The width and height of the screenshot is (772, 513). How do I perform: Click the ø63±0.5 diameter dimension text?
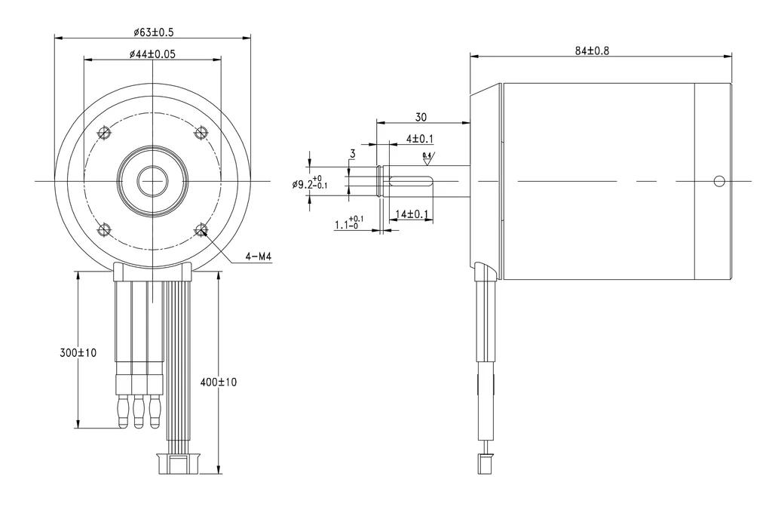coord(153,32)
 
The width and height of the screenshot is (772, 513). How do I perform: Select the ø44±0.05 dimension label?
coord(153,54)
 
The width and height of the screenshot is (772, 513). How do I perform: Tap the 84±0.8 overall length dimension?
coord(592,51)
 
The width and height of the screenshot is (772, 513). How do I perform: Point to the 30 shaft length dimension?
coord(421,117)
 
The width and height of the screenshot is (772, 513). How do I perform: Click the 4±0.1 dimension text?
coord(420,139)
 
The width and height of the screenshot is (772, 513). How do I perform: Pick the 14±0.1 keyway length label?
coord(413,214)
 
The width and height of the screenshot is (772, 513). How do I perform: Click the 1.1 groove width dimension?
coord(349,224)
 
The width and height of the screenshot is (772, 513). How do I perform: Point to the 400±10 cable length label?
coord(219,382)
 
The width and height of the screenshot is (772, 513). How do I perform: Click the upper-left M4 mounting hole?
coord(105,134)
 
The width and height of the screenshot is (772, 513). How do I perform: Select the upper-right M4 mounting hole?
coord(201,134)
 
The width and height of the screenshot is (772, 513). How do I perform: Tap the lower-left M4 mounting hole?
coord(105,229)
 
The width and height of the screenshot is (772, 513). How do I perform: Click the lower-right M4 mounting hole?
coord(201,229)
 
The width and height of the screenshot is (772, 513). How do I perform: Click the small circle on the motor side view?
coord(719,181)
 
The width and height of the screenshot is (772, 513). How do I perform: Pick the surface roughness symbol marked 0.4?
coord(427,158)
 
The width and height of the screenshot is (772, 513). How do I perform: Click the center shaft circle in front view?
coord(152,181)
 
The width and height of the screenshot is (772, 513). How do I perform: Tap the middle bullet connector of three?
coord(139,412)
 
